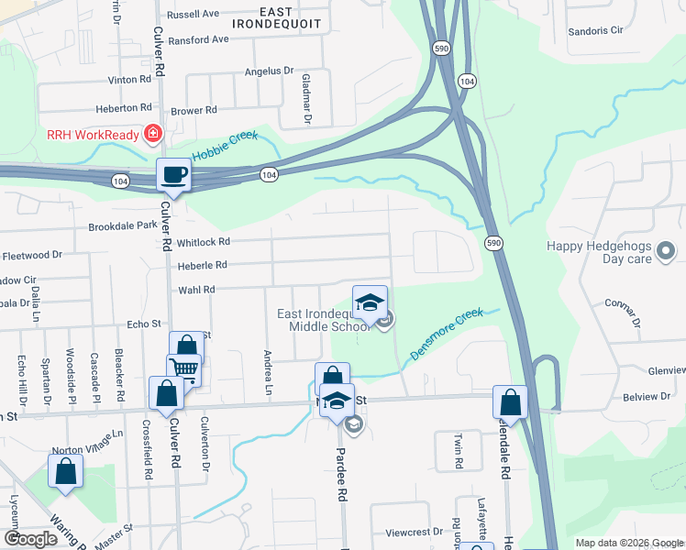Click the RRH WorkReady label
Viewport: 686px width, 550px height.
tap(93, 136)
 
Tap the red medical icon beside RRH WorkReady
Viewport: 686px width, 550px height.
tap(153, 136)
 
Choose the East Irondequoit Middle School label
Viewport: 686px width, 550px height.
tap(324, 320)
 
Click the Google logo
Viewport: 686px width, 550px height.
tap(30, 539)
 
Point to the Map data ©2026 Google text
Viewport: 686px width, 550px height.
tap(628, 543)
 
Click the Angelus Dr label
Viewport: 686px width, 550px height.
tap(269, 71)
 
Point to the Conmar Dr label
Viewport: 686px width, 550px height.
tap(623, 310)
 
